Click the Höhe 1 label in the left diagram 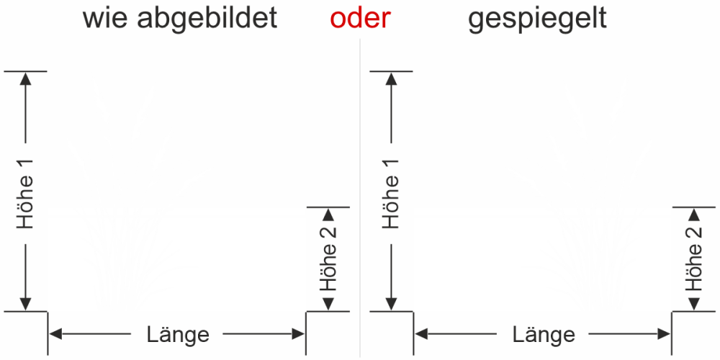(27, 194)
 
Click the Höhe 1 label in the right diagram (392, 194)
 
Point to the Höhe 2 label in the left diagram (328, 260)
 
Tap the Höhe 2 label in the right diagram (693, 260)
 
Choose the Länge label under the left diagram (177, 334)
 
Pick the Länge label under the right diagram (543, 334)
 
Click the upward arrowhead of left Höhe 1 (27, 78)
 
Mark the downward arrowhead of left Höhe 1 (27, 304)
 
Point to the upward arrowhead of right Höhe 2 (693, 213)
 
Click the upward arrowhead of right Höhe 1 (392, 78)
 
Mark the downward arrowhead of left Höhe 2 (328, 305)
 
